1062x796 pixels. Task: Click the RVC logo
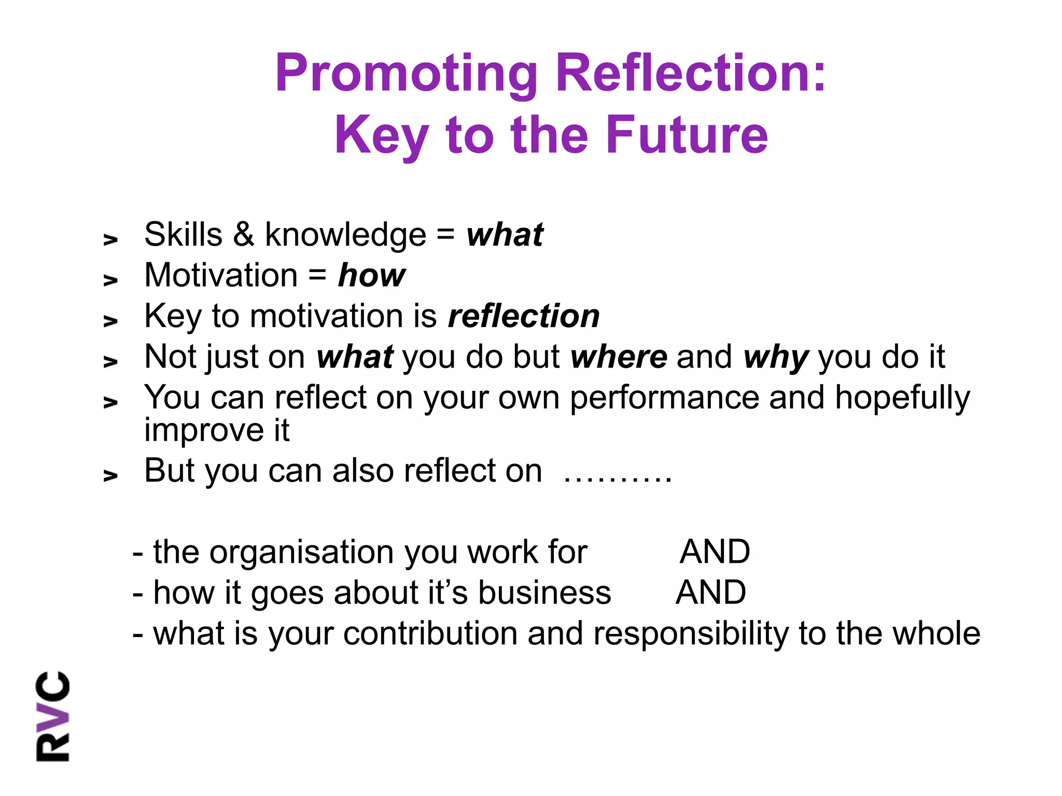52,716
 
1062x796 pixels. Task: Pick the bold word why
776,358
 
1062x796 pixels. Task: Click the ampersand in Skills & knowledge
243,234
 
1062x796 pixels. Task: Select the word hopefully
902,398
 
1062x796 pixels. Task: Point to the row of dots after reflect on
618,473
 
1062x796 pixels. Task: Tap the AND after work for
715,551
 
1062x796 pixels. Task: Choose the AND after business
711,592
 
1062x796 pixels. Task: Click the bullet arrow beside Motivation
110,280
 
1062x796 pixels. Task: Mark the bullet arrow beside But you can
110,475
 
